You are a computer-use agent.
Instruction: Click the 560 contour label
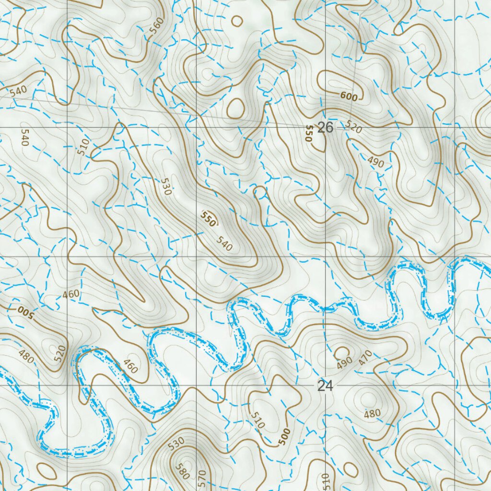click(156, 28)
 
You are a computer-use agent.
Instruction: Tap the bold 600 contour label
click(349, 96)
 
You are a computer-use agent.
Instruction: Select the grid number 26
click(325, 128)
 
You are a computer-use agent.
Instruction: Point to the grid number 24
click(325, 386)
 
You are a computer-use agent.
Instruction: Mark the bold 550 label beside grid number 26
click(309, 133)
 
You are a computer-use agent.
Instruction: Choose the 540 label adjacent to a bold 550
click(224, 244)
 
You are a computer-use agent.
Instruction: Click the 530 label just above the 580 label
click(176, 444)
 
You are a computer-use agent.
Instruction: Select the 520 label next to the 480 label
click(59, 354)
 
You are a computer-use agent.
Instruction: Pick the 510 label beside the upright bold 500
click(257, 420)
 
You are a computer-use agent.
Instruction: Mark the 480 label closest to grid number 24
click(372, 413)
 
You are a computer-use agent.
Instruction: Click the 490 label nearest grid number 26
click(376, 162)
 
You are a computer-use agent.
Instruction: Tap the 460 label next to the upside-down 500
click(71, 293)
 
